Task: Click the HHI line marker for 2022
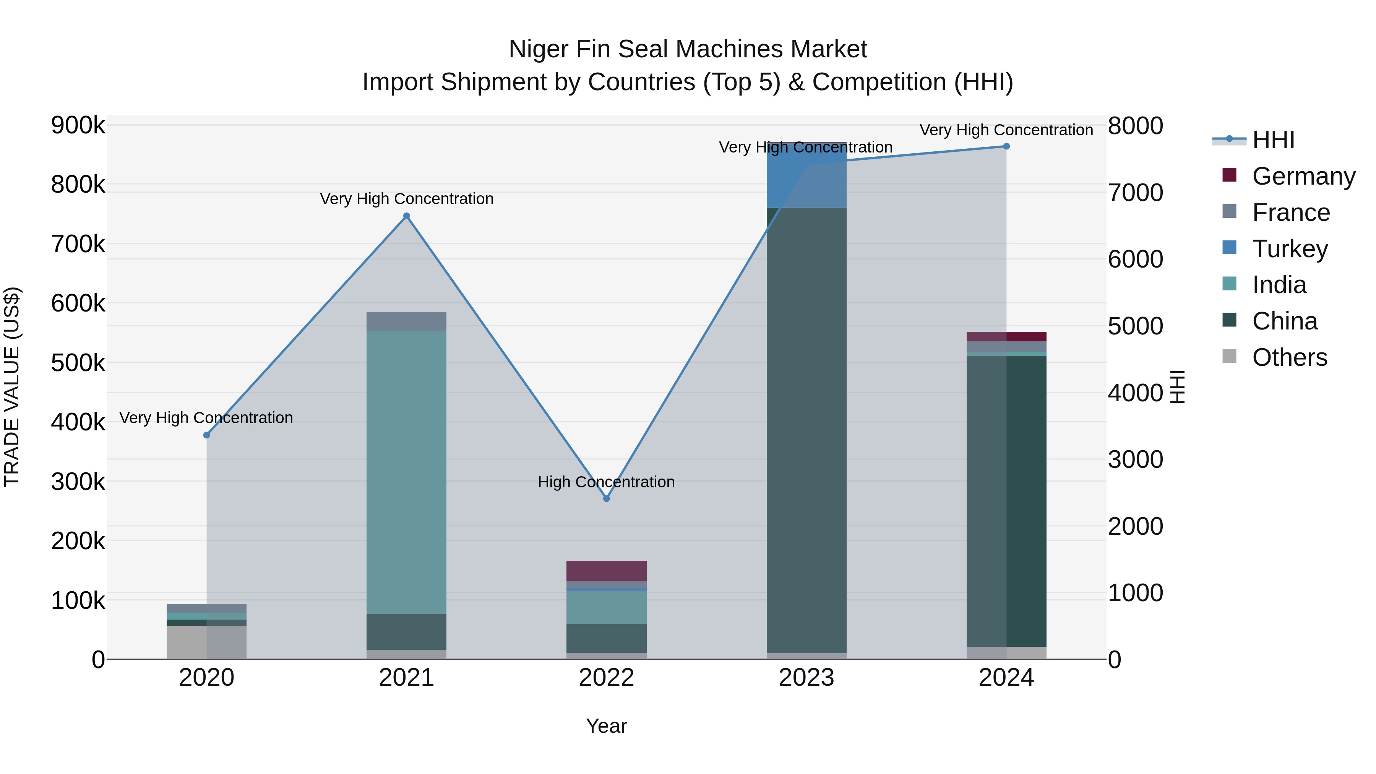coord(606,498)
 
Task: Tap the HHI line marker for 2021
coord(407,216)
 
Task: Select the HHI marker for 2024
coord(1006,146)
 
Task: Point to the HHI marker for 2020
coord(207,435)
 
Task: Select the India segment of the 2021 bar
coord(407,470)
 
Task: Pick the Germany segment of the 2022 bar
coord(606,571)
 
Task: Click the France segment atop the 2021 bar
coord(407,321)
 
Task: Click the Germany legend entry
coord(1303,176)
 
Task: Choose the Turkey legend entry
coord(1290,249)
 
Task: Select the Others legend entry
coord(1290,357)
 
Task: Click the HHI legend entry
coord(1274,140)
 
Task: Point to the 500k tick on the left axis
coord(78,363)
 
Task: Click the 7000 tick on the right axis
coord(1135,193)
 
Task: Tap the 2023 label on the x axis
coord(806,678)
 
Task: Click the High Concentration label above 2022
coord(606,482)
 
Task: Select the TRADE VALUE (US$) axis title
coord(12,387)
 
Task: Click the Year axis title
coord(606,726)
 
